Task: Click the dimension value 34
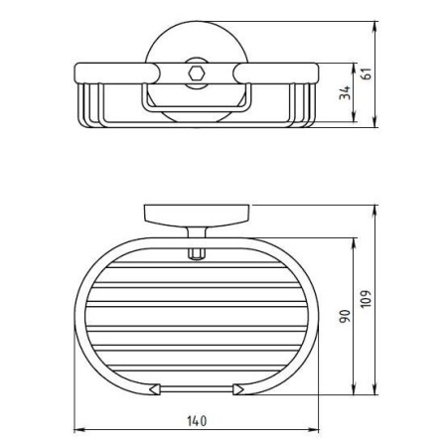[343, 95]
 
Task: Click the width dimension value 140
[196, 422]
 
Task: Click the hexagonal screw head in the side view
[196, 74]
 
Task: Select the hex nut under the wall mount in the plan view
[196, 254]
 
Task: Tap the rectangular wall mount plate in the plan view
[196, 215]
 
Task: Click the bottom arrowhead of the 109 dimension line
[374, 393]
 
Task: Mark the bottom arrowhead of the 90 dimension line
[352, 393]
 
